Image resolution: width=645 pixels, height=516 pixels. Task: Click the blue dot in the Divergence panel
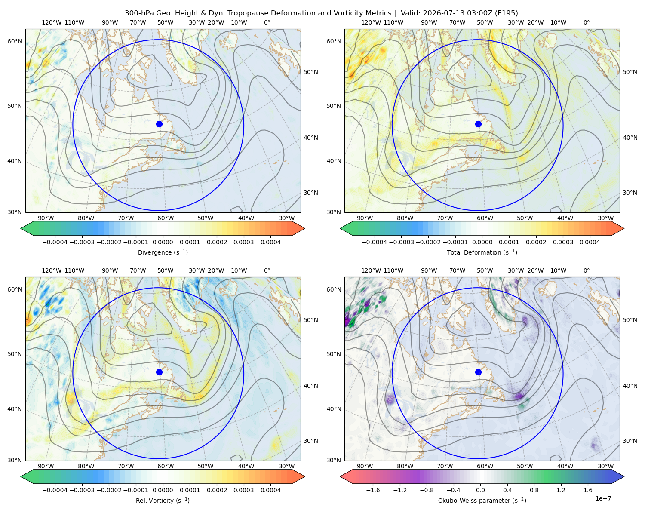point(159,124)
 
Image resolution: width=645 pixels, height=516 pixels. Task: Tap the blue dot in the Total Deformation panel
point(478,124)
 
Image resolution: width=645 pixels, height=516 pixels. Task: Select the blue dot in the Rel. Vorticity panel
point(159,372)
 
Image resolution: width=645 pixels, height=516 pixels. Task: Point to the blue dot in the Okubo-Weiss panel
point(478,372)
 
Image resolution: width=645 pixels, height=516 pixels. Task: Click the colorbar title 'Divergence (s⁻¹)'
point(163,252)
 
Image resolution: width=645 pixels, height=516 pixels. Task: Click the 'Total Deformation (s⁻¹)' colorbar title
point(482,252)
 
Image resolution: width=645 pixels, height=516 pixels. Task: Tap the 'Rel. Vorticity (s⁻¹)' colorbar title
point(163,501)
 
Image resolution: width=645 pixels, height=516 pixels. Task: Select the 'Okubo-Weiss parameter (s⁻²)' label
point(482,501)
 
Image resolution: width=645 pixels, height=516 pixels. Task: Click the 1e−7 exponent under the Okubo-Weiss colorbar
point(603,498)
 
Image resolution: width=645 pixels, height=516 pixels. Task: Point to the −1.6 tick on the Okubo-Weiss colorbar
point(373,490)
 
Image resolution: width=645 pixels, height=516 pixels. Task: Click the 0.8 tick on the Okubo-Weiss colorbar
point(534,490)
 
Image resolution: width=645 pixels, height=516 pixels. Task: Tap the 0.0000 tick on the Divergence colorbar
point(163,242)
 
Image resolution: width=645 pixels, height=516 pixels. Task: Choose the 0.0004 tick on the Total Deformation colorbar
point(590,242)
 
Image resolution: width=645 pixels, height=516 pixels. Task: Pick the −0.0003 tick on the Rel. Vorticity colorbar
point(82,490)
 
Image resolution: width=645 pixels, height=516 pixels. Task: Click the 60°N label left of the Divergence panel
point(15,41)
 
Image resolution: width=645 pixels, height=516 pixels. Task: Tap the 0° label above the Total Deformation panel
point(586,22)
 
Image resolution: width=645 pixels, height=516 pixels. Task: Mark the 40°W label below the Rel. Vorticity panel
point(246,466)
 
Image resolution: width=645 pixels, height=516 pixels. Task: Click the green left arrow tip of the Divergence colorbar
point(21,228)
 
